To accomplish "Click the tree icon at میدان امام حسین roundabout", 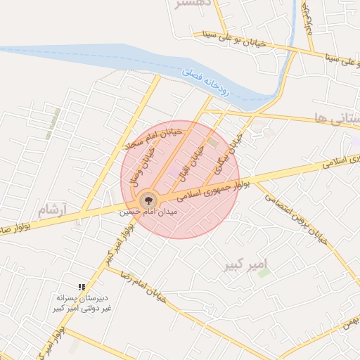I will point(148,199).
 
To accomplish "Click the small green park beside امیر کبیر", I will point(264,272).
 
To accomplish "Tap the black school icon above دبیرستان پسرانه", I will point(82,287).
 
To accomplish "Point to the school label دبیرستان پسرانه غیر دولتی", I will point(79,303).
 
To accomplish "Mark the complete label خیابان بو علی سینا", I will point(233,39).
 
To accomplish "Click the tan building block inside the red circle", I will point(212,143).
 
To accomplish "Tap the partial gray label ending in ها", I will point(338,119).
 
